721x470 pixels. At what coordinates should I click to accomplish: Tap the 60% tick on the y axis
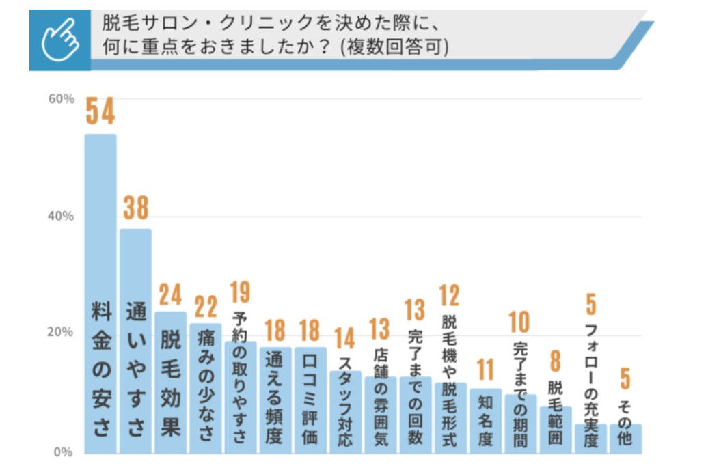61,99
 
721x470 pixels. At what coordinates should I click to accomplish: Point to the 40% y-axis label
61,217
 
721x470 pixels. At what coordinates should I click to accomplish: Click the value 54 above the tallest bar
100,112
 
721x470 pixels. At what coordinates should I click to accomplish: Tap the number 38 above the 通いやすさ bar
135,208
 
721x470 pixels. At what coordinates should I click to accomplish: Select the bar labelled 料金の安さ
100,294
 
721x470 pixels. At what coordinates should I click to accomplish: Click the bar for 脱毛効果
170,383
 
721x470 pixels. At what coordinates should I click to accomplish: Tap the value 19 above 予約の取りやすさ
240,292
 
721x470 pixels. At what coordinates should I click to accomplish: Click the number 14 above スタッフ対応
345,338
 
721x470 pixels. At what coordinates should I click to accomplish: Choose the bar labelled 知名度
485,420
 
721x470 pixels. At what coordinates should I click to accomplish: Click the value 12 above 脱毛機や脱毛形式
450,295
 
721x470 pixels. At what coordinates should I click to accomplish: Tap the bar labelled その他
625,438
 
